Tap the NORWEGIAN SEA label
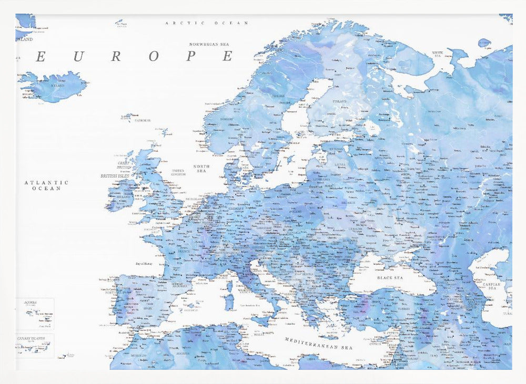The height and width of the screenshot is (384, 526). pos(211,45)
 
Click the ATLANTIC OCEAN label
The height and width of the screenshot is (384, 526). pos(46,185)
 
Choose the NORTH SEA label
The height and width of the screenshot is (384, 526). pos(201,169)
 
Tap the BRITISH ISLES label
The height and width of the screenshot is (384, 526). pos(115,177)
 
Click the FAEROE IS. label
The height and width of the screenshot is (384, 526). pos(142,120)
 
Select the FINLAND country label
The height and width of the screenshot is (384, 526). pos(339,101)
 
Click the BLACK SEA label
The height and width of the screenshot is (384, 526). pos(390,277)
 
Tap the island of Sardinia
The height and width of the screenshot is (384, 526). pos(229,302)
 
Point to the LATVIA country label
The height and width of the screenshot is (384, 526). pos(340,164)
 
